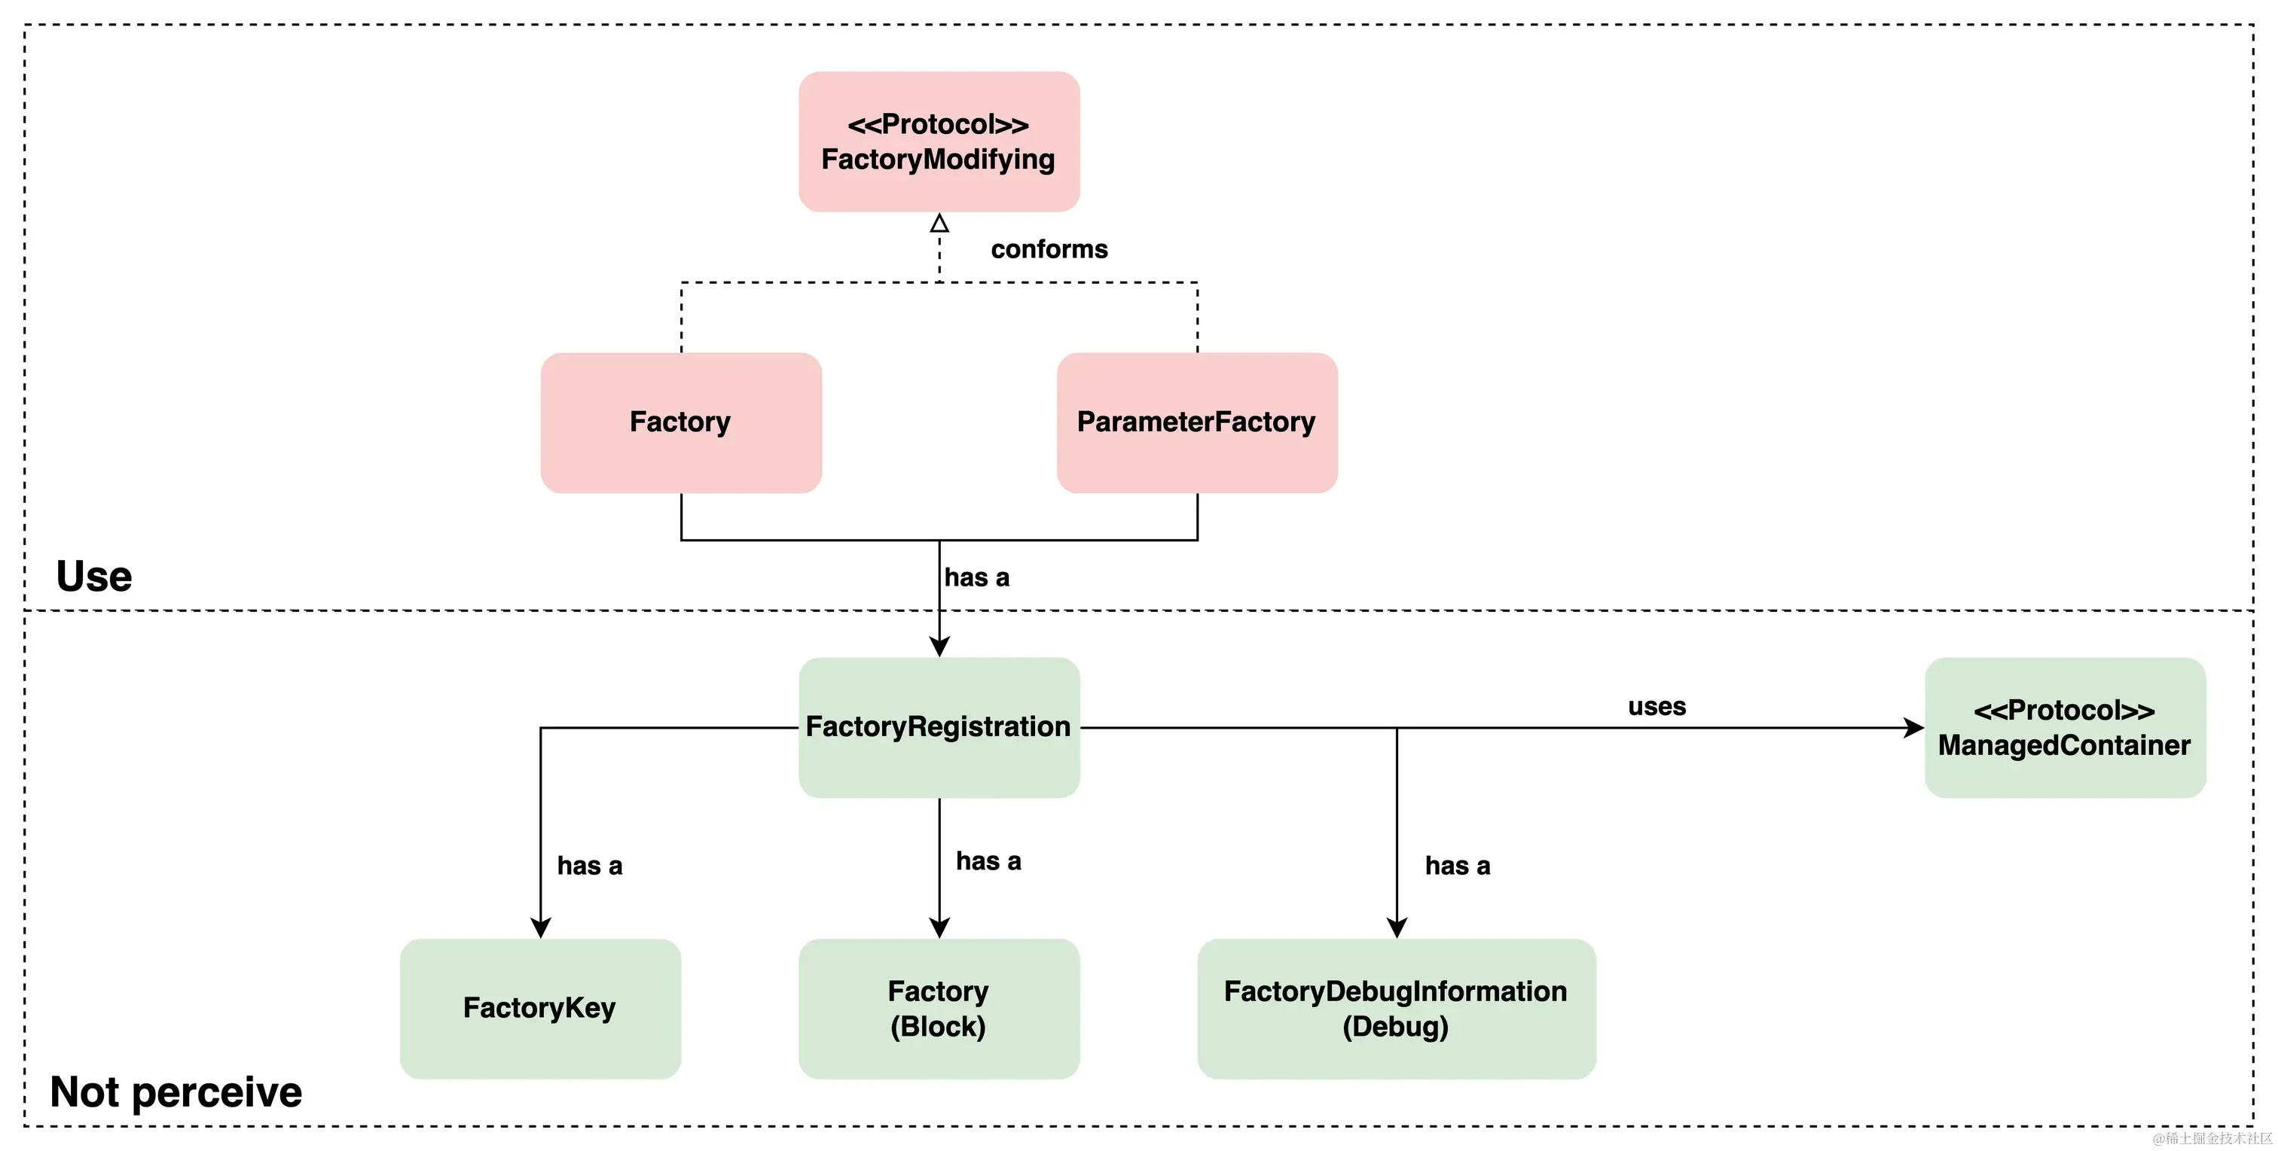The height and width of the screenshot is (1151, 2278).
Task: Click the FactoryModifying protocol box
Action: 939,142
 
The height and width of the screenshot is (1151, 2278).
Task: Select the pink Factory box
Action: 680,422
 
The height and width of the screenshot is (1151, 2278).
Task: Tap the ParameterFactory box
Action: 1195,422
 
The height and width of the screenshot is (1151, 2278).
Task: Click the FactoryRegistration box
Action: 939,726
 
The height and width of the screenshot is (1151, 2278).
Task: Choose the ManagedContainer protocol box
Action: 2064,726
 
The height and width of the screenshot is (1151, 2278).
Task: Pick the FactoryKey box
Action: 539,1008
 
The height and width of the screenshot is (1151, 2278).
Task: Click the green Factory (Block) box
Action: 939,1008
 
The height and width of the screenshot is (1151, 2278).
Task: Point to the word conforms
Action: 1049,249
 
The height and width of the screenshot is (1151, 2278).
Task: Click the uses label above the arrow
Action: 1657,706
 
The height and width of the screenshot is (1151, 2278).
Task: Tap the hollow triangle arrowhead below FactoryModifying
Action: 939,223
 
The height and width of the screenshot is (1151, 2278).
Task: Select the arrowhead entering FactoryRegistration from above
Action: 939,646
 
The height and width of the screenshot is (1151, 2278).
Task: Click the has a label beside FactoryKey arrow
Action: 589,866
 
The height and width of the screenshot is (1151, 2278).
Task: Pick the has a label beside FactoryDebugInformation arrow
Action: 1458,866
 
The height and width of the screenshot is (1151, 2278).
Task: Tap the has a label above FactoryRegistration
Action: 976,577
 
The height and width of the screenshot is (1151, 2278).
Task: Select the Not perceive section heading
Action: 176,1092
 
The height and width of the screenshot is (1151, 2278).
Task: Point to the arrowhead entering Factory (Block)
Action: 939,927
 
